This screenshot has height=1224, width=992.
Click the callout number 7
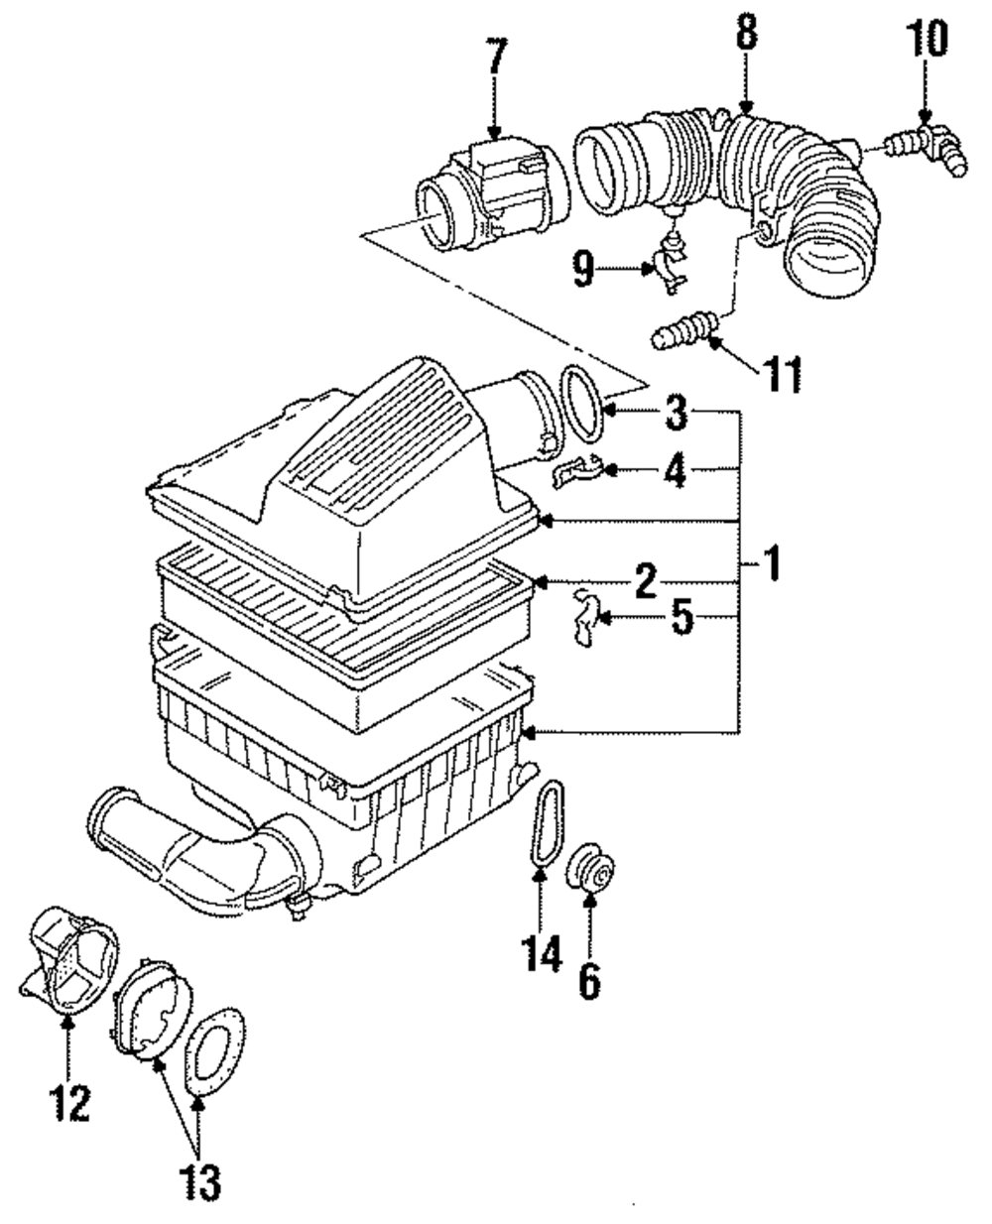tap(498, 57)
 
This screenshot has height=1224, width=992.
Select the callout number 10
tap(927, 38)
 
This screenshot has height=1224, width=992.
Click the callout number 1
tap(772, 563)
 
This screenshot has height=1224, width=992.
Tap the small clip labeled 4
tap(577, 469)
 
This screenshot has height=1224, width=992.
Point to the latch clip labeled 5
tap(587, 617)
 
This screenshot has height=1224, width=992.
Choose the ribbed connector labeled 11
tap(686, 329)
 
